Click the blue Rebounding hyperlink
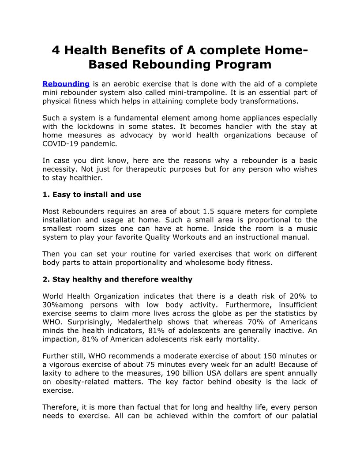click(x=66, y=84)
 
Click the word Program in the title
click(x=243, y=64)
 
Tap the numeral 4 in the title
click(x=56, y=50)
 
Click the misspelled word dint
click(x=96, y=161)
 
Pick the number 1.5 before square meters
click(x=210, y=211)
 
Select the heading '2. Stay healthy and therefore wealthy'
click(x=117, y=279)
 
